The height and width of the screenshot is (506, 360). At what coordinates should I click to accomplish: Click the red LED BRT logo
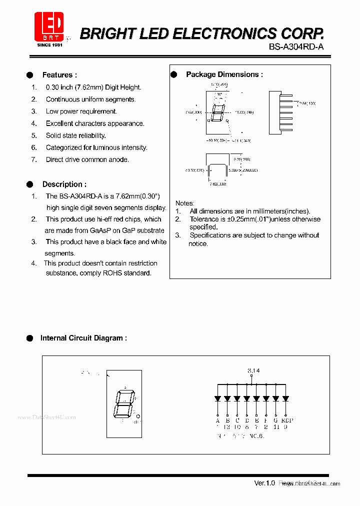tap(48, 27)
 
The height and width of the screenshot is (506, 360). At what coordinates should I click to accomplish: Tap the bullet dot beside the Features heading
tap(29, 75)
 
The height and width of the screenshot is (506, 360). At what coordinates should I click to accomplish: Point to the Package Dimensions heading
tap(224, 74)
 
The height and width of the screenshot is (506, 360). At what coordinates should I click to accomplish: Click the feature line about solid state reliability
tap(75, 135)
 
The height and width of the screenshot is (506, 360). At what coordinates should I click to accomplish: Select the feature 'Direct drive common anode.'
tap(87, 159)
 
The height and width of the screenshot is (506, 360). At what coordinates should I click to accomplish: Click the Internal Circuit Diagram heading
tap(83, 338)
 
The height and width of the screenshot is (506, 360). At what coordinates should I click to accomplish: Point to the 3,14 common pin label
tap(253, 370)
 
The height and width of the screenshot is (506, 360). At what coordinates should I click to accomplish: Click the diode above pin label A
tap(217, 398)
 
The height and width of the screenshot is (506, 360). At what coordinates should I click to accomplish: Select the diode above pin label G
tap(275, 398)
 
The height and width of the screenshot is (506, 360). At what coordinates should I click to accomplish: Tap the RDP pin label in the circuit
tap(286, 420)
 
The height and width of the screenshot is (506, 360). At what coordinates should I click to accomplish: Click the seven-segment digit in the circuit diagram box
tap(123, 404)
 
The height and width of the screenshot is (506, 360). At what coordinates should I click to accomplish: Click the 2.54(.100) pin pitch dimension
tap(307, 103)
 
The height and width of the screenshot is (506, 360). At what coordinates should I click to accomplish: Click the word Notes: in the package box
tap(184, 203)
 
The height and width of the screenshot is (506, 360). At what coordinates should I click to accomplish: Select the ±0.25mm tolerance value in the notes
tap(228, 219)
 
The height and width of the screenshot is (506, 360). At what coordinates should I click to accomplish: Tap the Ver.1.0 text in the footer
tap(264, 483)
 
